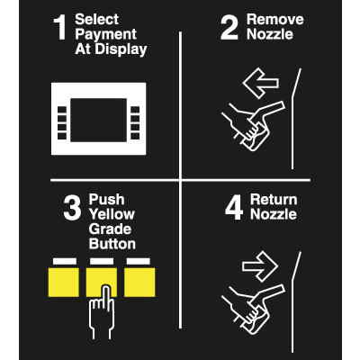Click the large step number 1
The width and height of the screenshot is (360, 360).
[60, 28]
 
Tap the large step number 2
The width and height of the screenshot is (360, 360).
[229, 28]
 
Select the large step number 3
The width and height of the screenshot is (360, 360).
[72, 208]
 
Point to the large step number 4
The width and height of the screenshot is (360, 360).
[234, 208]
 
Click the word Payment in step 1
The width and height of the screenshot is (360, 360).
[106, 35]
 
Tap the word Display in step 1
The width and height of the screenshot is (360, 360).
[121, 49]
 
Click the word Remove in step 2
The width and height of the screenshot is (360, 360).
[274, 20]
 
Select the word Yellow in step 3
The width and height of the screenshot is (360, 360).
[112, 214]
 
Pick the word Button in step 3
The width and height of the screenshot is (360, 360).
[112, 244]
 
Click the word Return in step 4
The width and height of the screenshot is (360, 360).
[274, 200]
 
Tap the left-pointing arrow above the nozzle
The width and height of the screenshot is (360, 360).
[260, 83]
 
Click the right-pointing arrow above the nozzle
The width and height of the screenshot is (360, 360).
[260, 266]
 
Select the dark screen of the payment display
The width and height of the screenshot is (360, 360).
[98, 120]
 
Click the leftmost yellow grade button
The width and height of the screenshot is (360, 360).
[64, 283]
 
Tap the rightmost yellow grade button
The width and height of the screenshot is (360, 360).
[139, 283]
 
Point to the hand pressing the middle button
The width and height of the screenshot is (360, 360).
[102, 312]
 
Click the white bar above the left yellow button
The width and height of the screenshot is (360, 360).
[65, 261]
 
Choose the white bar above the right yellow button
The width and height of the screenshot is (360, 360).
[139, 261]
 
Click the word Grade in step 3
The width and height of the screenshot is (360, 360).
[110, 229]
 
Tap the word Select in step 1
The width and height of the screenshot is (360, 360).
[96, 20]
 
